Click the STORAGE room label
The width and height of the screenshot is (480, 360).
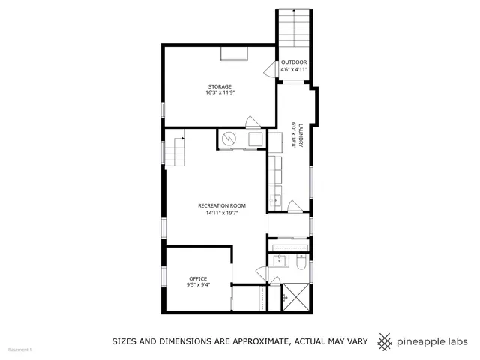[219, 86]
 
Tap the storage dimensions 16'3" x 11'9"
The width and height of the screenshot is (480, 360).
[219, 93]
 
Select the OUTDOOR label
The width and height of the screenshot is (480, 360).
[294, 62]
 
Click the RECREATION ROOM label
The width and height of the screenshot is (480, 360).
[221, 205]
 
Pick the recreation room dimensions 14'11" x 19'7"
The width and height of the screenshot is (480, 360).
[221, 213]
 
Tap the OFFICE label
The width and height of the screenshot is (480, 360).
[198, 278]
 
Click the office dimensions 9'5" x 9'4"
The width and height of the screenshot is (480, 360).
[198, 285]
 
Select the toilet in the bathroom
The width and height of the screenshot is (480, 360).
[300, 263]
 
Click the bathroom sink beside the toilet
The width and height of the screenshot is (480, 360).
[279, 261]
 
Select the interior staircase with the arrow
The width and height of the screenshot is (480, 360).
[175, 154]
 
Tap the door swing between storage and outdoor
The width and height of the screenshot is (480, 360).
[269, 70]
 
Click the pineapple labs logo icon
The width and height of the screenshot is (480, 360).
[385, 341]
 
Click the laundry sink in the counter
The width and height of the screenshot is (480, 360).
[276, 200]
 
